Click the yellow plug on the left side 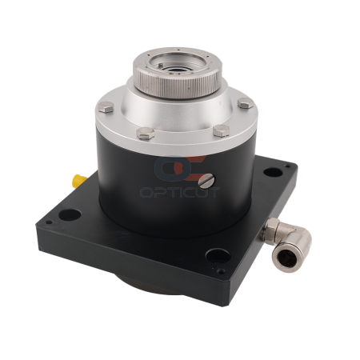point(79,180)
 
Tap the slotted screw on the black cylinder point(206,181)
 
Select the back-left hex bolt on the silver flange point(106,107)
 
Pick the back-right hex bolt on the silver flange point(246,102)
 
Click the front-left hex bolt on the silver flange point(146,134)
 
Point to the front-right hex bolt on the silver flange point(221,130)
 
